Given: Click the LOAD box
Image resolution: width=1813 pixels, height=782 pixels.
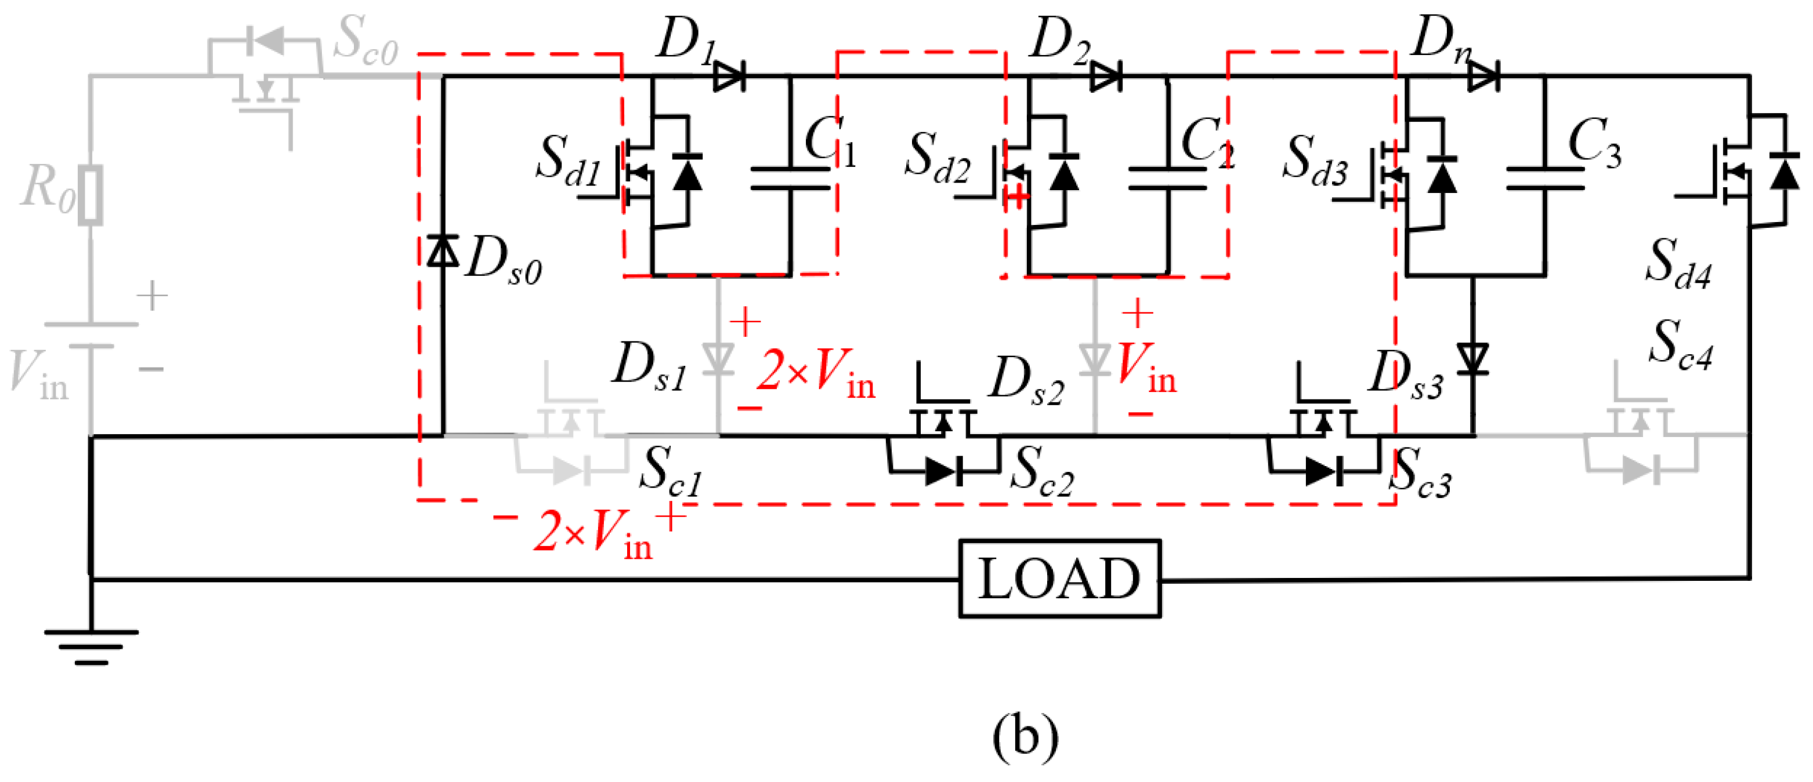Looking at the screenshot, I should tap(1059, 579).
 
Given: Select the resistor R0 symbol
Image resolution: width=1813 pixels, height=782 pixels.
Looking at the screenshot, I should tap(91, 195).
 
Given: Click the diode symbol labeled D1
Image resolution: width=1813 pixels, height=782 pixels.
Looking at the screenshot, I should tap(729, 75).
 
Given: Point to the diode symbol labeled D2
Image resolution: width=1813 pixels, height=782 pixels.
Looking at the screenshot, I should tap(1106, 75).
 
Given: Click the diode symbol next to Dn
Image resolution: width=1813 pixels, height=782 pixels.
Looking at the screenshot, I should tap(1483, 75).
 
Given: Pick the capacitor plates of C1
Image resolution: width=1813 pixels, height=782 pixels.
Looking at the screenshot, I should tap(790, 179).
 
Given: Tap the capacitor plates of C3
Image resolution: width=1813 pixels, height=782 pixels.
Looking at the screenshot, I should tap(1546, 179).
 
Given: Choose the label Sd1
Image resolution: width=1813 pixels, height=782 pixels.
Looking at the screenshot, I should tap(567, 161).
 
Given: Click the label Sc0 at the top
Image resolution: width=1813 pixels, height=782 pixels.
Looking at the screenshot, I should tap(364, 41).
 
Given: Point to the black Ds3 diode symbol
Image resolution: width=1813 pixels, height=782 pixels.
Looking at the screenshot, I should tap(1472, 359).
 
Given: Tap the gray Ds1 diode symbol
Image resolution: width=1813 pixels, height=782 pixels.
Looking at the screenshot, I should tap(719, 359).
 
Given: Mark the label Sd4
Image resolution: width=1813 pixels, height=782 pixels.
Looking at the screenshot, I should tap(1678, 264).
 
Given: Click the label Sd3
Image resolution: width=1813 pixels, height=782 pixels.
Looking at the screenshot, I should tap(1315, 161).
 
